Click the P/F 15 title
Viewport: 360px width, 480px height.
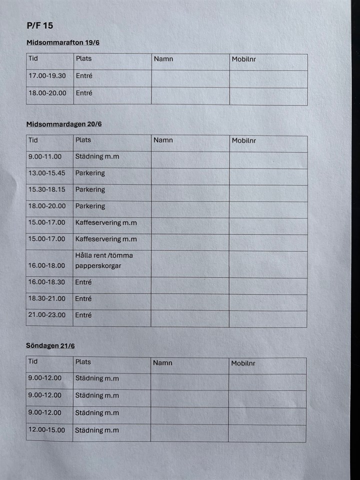pos(40,25)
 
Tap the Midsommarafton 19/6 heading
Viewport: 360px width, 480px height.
pos(63,42)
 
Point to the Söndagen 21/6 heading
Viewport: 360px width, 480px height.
pos(50,345)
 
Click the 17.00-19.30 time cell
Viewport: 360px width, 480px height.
pos(47,76)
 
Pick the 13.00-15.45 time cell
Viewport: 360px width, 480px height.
pos(46,173)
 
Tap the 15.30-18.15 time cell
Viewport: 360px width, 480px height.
pos(46,189)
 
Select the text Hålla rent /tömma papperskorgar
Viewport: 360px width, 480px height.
pos(104,260)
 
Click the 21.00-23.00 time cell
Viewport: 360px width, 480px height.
pos(46,315)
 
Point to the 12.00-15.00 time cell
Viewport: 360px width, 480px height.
pos(46,430)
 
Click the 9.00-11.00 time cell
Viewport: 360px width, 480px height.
pos(45,156)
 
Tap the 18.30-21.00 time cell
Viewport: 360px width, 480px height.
pos(46,298)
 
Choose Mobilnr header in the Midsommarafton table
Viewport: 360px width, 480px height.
pos(244,59)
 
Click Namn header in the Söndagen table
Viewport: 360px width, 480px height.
pos(162,363)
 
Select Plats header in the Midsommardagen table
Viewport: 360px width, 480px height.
pos(83,140)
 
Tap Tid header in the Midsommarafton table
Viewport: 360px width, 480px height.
pos(33,58)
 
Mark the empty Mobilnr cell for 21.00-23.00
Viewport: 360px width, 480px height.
pos(268,318)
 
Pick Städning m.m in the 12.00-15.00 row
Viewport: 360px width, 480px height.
pos(97,430)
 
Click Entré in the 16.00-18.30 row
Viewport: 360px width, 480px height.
pos(83,282)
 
